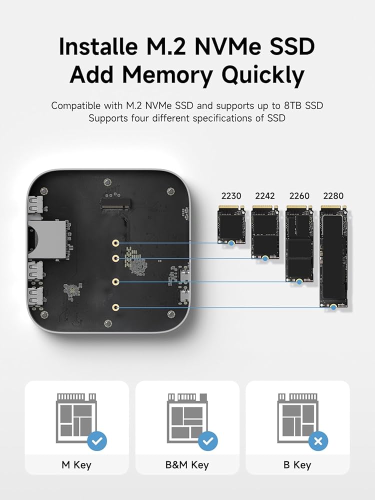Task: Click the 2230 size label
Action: point(231,196)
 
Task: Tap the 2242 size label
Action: point(265,196)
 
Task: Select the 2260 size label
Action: point(299,196)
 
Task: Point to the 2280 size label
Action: point(333,196)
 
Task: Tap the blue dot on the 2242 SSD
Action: point(265,258)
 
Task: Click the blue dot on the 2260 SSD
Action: point(299,282)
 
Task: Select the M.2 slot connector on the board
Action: point(115,203)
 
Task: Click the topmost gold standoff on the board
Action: point(115,243)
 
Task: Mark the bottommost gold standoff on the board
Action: point(115,307)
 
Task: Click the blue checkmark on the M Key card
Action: point(97,441)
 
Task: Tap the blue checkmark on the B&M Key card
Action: point(208,441)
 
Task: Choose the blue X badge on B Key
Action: point(318,441)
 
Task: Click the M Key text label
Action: point(76,465)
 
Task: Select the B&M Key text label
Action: point(187,465)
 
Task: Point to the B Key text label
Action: point(297,465)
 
